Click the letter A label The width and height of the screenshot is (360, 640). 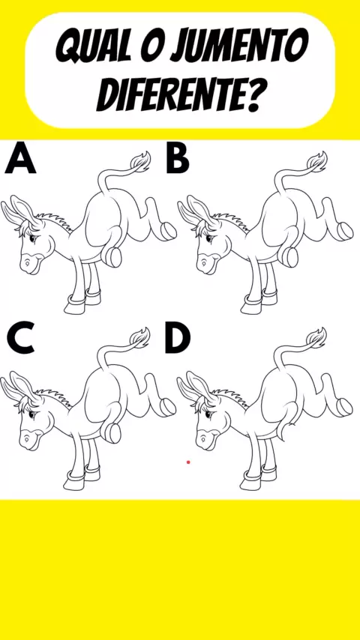[x=20, y=159]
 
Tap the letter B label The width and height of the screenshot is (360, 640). [x=178, y=159]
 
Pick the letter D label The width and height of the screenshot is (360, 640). [x=178, y=339]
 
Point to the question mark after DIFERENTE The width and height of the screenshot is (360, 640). [x=250, y=95]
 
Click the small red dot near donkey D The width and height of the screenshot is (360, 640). [x=188, y=462]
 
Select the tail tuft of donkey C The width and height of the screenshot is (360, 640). [x=139, y=337]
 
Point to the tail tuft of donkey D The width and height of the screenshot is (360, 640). [x=316, y=337]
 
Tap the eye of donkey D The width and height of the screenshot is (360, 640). [x=208, y=414]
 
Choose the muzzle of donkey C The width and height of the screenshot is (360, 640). [x=28, y=440]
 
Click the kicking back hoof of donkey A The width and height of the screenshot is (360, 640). [x=167, y=231]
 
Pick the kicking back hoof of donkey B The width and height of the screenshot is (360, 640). [x=344, y=231]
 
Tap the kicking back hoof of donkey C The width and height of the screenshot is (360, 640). [x=167, y=406]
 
